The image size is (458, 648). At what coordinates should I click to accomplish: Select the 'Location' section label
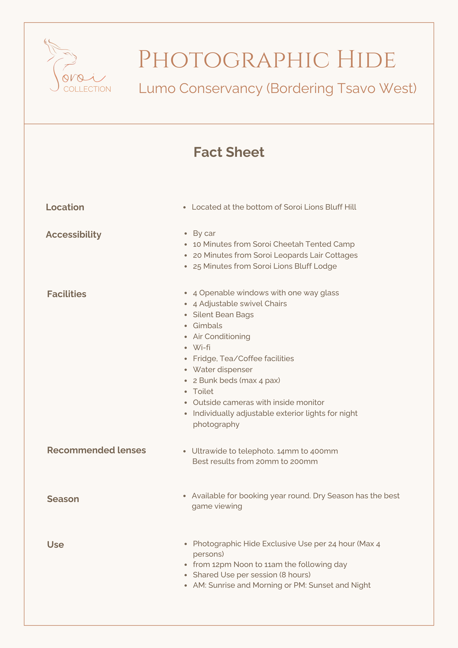[65, 207]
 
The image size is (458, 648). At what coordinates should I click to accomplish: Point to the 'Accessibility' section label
[73, 235]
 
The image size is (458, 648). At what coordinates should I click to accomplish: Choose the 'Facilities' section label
[67, 294]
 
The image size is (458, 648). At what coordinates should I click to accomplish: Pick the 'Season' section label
[63, 499]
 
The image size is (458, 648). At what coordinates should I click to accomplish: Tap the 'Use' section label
[55, 545]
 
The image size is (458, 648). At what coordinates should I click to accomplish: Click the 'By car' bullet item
[204, 233]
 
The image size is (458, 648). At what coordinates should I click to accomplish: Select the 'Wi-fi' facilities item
[201, 347]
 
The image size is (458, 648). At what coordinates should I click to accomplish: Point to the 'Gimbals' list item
[207, 326]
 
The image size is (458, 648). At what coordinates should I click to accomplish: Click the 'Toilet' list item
[203, 391]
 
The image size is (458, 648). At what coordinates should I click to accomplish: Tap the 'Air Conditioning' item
[222, 336]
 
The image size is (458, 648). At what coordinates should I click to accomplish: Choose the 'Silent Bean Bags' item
[223, 315]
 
